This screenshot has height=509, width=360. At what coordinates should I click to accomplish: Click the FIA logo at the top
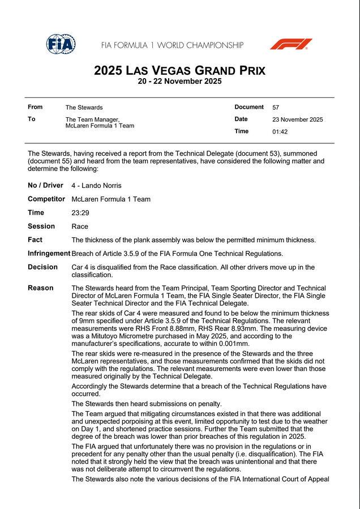(61, 44)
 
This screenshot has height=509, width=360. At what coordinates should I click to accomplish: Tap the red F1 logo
(290, 44)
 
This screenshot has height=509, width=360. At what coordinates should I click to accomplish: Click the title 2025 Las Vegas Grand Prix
(179, 71)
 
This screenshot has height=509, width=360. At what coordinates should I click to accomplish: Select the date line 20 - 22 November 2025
(179, 82)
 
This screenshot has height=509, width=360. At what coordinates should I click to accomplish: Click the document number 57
(276, 108)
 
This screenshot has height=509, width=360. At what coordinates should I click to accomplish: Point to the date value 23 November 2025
(297, 119)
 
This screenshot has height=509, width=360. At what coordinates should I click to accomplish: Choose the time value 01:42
(280, 132)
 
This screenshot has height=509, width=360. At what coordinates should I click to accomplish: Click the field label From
(35, 108)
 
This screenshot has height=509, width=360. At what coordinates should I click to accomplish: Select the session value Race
(80, 226)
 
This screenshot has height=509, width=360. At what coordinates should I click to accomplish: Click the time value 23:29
(80, 213)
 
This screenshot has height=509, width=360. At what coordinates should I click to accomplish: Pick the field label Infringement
(49, 254)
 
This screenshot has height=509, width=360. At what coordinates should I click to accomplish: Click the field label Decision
(42, 267)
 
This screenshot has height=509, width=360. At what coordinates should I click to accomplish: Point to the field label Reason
(40, 288)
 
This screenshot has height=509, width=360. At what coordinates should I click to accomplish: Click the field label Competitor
(46, 199)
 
